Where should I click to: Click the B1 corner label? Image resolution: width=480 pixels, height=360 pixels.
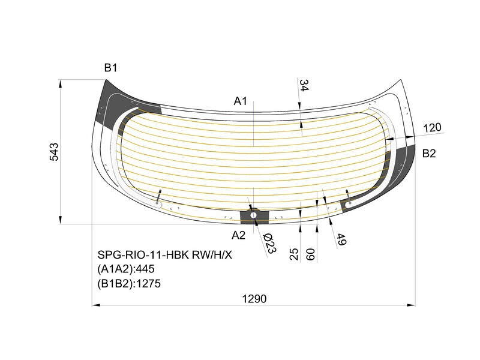[110, 68]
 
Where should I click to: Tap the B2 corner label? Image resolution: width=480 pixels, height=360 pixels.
[428, 153]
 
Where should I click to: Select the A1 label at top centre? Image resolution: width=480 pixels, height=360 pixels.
[241, 101]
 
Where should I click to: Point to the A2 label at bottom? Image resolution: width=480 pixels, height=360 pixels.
[238, 235]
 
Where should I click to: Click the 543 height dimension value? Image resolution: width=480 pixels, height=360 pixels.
[54, 152]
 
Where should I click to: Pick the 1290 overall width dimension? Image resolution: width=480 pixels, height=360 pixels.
[254, 298]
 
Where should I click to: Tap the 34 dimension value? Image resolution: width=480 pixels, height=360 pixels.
[304, 85]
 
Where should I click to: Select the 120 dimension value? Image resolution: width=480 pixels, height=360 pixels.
[432, 127]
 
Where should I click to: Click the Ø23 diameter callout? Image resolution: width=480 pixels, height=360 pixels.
[269, 244]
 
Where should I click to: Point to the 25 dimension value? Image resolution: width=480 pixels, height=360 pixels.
[293, 254]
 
